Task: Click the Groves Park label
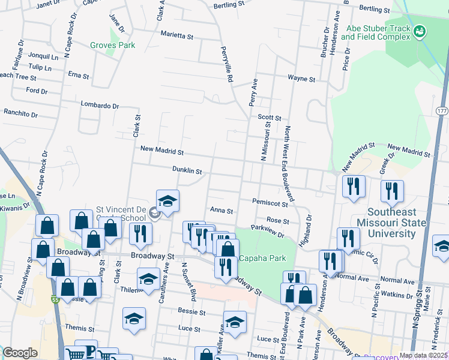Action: pos(112,45)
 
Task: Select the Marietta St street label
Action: pos(176,35)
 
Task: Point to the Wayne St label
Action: pos(301,79)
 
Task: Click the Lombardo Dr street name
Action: pos(100,105)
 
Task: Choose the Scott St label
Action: pos(270,118)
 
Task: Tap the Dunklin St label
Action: pos(187,170)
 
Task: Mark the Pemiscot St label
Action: pos(271,202)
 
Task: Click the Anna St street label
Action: pos(221,211)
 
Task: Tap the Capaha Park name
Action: pos(262,259)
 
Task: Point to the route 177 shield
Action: pos(442,112)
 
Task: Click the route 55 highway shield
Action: pos(55,299)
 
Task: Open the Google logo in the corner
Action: pos(20,353)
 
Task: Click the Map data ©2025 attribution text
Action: pos(423,355)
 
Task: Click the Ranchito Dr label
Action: pos(20,113)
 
